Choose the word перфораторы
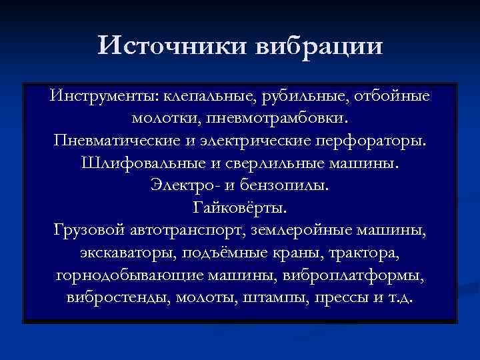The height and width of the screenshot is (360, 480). click(x=377, y=142)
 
